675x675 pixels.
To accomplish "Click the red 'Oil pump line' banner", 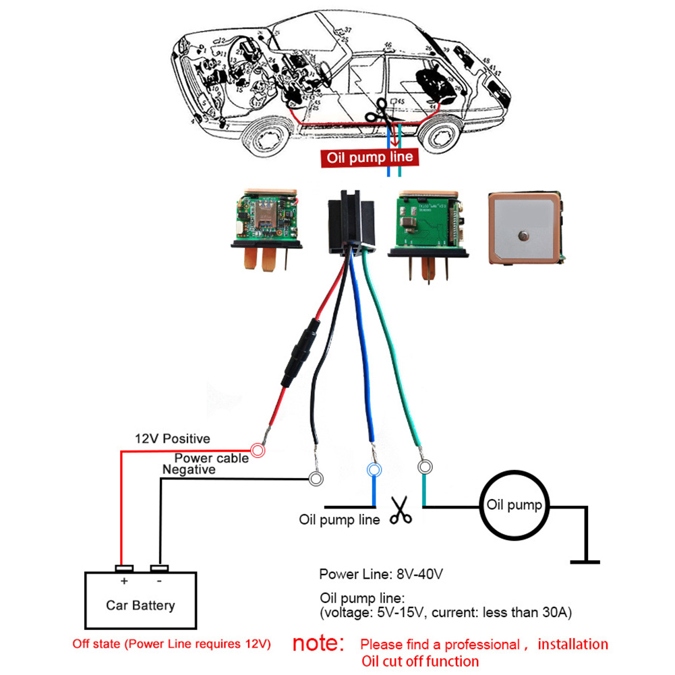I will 370,158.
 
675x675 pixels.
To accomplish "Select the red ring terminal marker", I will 257,450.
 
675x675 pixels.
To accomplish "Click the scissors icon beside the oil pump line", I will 402,511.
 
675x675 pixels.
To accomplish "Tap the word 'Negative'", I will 189,469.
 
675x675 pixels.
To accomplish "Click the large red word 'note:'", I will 318,643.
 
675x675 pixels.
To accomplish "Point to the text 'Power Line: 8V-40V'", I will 381,575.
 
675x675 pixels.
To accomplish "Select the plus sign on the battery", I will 123,581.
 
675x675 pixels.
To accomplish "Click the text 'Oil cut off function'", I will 420,662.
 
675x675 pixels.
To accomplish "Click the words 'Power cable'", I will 212,458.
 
